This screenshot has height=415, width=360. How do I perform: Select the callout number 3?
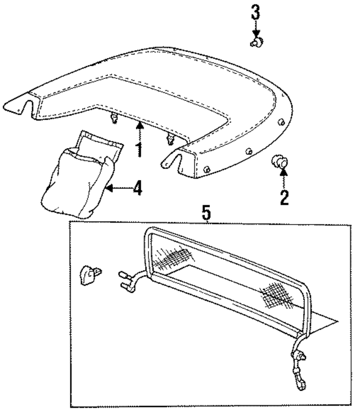click(x=255, y=11)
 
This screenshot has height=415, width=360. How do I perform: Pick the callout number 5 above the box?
click(x=207, y=213)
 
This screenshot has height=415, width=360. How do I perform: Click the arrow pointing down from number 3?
click(x=255, y=28)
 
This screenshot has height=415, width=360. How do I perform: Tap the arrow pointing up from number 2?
click(x=283, y=179)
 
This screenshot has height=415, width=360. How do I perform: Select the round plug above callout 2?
click(x=280, y=162)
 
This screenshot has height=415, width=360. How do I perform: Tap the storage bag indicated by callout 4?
click(x=75, y=183)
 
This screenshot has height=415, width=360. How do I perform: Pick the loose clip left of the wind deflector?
click(x=91, y=274)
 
